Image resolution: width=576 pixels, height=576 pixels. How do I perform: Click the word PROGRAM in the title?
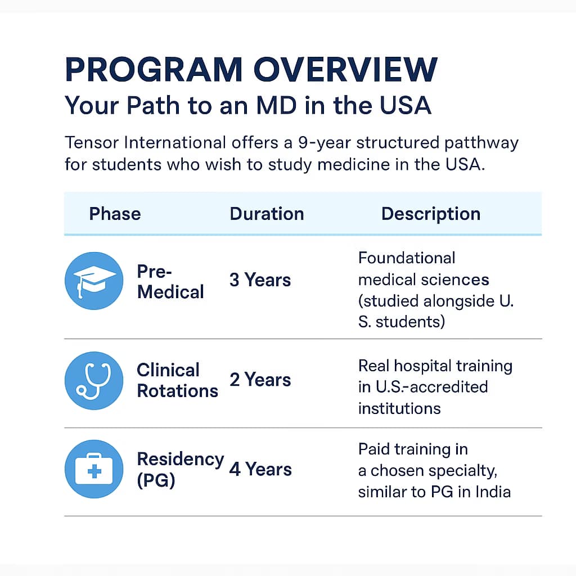[x=153, y=70]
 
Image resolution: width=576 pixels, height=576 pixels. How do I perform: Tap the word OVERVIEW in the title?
[x=345, y=70]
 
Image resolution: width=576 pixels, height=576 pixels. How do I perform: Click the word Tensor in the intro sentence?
[x=91, y=142]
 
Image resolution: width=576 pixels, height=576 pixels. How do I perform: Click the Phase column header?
[x=115, y=214]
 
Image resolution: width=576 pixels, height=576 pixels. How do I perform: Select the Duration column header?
[x=267, y=214]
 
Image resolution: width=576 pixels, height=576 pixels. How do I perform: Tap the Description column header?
[x=431, y=214]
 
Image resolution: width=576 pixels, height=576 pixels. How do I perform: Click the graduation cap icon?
[x=94, y=281]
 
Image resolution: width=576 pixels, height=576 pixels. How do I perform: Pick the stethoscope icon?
[x=94, y=381]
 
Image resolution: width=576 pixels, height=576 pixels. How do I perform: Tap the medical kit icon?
[x=94, y=469]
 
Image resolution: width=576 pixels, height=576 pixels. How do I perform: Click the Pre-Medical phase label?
[x=170, y=282]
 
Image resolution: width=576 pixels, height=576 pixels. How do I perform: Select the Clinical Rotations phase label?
[x=177, y=381]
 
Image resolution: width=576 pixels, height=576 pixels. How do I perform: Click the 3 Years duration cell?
[x=260, y=280]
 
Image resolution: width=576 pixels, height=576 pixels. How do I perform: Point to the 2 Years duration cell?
[x=260, y=380]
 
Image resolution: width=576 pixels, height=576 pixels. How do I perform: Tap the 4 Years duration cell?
[x=260, y=469]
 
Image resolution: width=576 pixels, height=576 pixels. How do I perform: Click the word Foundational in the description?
[x=407, y=258]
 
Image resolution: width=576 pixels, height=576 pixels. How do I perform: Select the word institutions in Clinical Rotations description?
[x=399, y=408]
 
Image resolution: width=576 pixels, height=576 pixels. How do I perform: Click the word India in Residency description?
[x=491, y=492]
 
